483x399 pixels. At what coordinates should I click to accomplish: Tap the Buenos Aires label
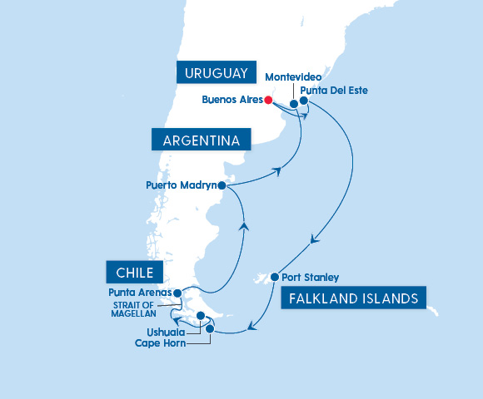coord(232,101)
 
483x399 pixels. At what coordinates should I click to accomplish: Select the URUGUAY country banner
coord(214,73)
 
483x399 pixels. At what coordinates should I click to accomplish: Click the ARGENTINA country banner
coord(201,139)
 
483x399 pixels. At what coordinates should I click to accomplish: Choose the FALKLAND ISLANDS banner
coord(354,298)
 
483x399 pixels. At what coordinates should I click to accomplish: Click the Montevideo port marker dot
coord(294,104)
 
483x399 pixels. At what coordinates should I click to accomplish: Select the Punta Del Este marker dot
coord(304,101)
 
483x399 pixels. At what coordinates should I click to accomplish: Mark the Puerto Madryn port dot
coord(222,186)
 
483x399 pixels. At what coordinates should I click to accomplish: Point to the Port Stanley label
coord(311,278)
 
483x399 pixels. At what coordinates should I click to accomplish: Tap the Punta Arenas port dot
coord(177,293)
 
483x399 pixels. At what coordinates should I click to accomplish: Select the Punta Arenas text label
coord(139,293)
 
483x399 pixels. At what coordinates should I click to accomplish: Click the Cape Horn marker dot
coord(210,329)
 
